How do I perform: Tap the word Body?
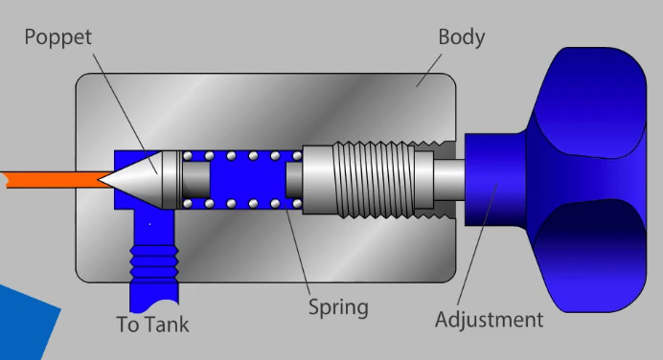(461, 38)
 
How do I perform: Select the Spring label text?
(337, 307)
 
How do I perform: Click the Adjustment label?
(489, 319)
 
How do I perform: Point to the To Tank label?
(152, 325)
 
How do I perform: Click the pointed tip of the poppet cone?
(103, 179)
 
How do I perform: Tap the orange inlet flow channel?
(48, 178)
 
